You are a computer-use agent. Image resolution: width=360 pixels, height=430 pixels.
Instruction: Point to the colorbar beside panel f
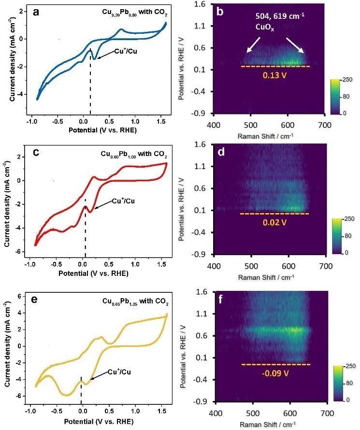tap(337, 385)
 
